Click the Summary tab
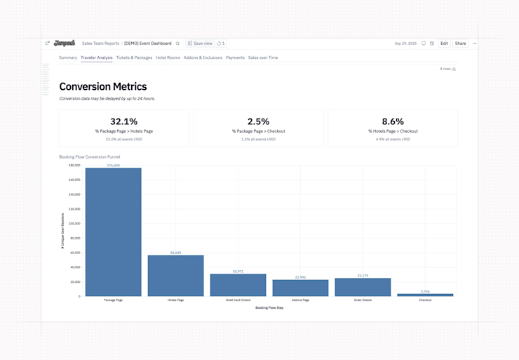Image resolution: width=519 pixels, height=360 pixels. [x=68, y=58]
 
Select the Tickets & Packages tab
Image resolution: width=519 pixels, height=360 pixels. [x=134, y=58]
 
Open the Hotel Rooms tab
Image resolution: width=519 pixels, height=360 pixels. [x=168, y=58]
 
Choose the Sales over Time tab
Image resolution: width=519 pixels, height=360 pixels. [x=263, y=58]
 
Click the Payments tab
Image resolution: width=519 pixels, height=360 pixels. [x=235, y=58]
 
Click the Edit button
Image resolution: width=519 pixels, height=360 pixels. [x=444, y=44]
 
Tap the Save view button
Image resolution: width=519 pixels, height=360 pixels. [x=200, y=44]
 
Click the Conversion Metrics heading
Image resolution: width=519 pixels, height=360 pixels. [x=103, y=87]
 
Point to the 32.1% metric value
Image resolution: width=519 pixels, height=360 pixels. [x=124, y=121]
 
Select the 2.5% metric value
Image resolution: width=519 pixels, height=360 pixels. [x=258, y=121]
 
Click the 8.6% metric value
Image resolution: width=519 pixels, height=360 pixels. [x=393, y=121]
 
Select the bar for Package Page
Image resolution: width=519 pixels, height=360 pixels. [x=113, y=232]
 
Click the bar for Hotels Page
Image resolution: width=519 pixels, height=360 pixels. [x=175, y=276]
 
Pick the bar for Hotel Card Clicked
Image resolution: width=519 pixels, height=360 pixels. [x=238, y=285]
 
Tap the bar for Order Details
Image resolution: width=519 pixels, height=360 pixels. [x=363, y=287]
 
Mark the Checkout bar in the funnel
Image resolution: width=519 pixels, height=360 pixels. [x=425, y=295]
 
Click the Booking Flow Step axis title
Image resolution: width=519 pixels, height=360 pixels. [x=269, y=307]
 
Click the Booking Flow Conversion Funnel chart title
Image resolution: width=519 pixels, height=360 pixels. [x=90, y=157]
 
